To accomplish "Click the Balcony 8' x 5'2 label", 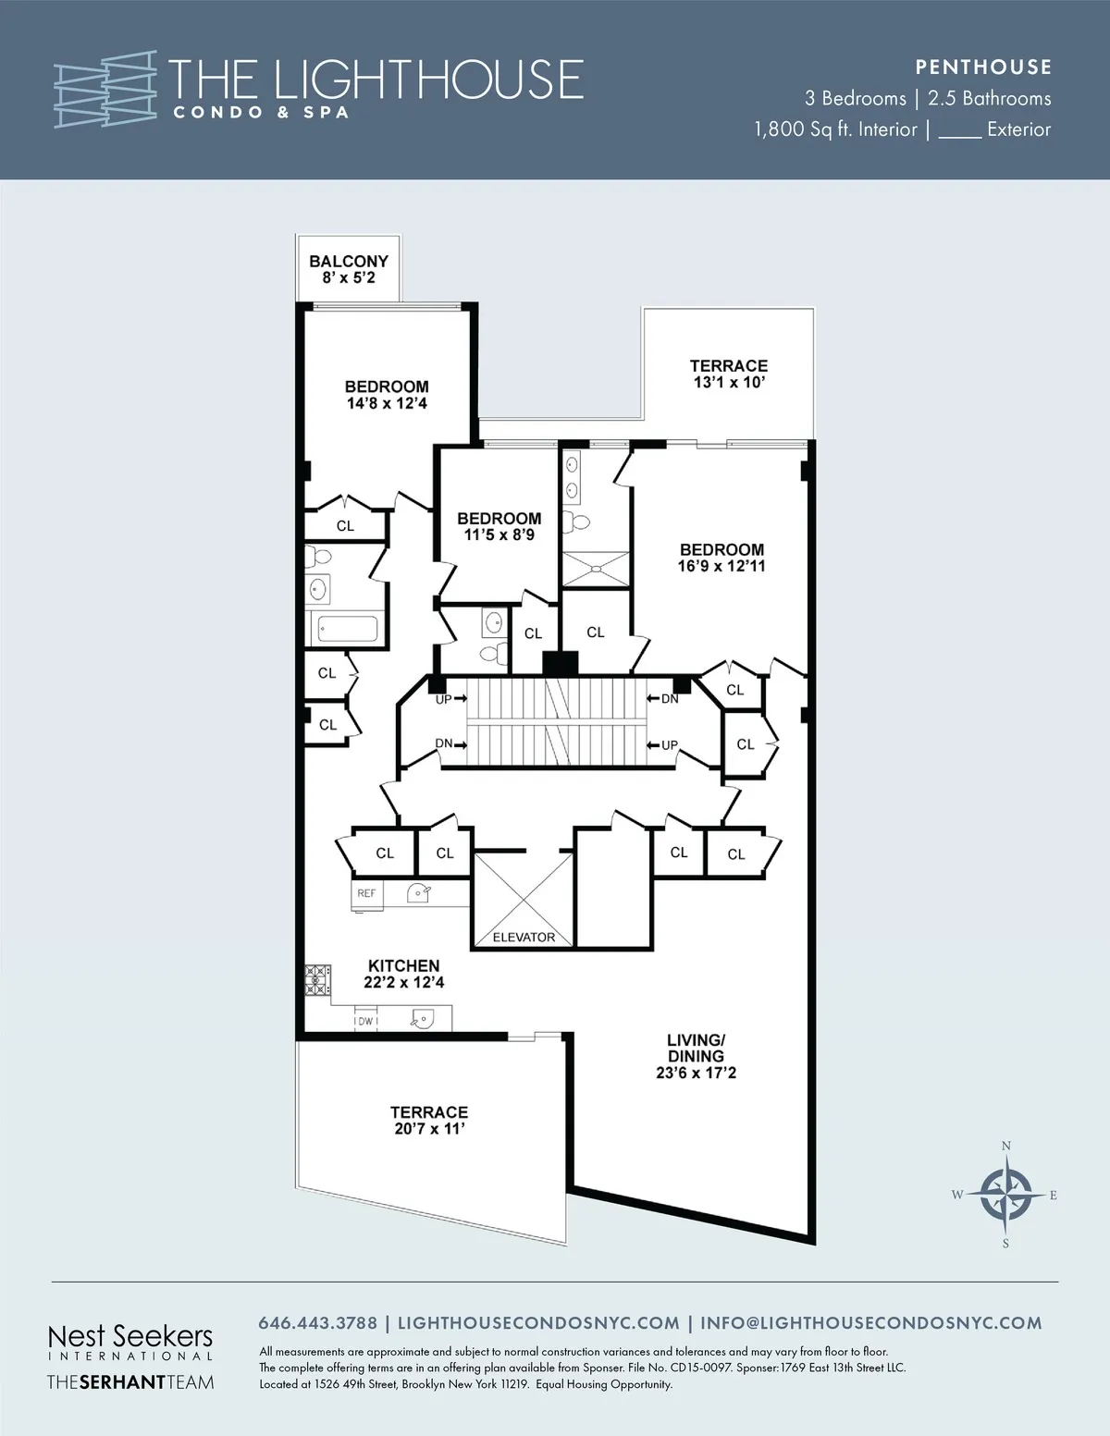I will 348,270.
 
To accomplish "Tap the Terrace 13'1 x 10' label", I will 729,374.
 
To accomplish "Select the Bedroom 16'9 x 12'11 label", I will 721,558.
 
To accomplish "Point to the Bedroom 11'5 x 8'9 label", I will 499,526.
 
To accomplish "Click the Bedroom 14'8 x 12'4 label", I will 387,395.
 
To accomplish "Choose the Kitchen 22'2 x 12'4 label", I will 403,974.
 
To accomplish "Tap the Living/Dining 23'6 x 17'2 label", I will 696,1056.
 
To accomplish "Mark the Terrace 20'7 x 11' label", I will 428,1121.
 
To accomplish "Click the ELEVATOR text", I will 524,937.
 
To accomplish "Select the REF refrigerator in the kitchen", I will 367,894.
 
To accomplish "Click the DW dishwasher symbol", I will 365,1021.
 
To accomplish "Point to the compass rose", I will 1005,1195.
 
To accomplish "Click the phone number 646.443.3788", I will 317,1323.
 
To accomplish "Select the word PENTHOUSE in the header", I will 983,67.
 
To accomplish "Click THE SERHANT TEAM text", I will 129,1382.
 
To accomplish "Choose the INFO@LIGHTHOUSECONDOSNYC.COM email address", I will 870,1323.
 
